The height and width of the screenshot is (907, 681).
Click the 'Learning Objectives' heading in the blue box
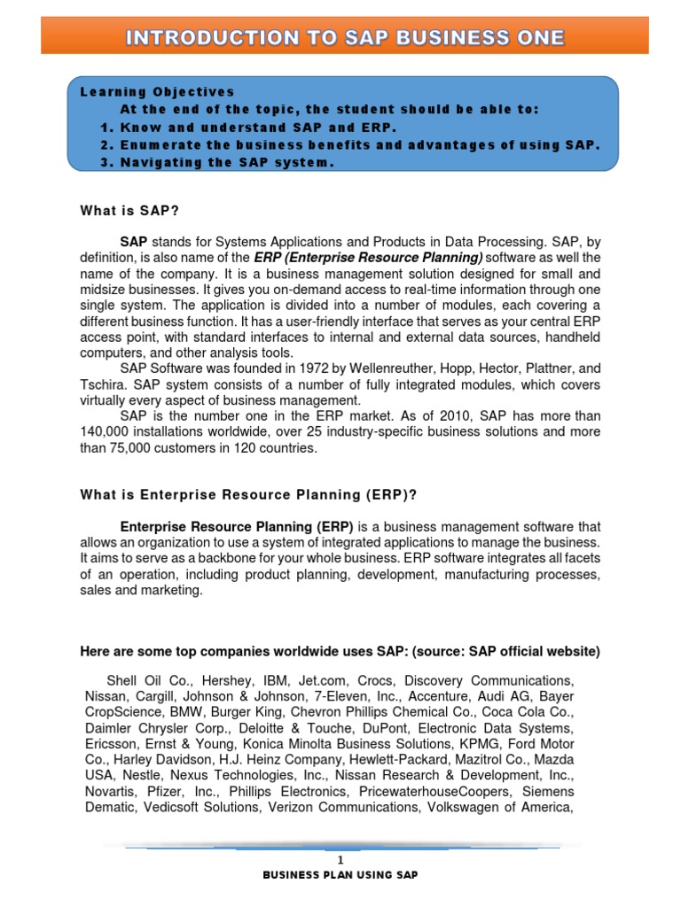157,91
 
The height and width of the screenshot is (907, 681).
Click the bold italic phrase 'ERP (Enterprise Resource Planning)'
368,257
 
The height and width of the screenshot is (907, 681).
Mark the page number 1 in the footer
341,860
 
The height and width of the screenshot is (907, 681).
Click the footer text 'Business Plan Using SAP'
340,875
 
